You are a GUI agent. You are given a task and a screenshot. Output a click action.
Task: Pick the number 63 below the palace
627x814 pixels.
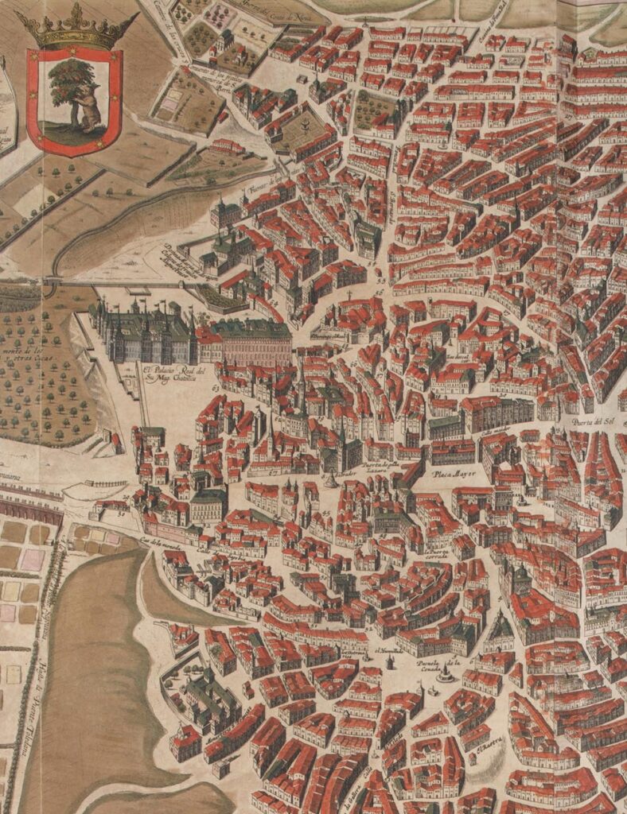coord(216,387)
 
